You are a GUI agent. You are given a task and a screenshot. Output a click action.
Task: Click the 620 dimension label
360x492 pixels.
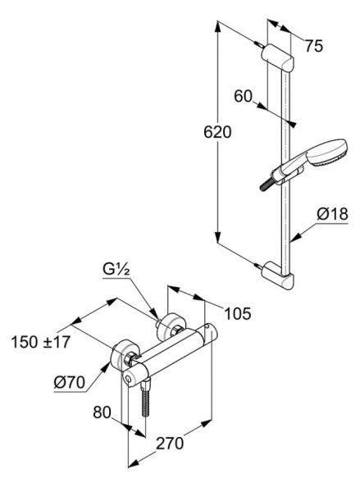[217, 132]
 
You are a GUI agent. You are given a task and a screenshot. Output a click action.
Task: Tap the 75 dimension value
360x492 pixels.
[314, 47]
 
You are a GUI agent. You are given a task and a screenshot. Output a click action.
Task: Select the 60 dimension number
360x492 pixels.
[244, 96]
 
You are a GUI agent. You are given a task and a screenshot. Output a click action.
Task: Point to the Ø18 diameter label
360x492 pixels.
[332, 214]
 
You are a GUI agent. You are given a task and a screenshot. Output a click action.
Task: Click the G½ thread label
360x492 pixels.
[116, 269]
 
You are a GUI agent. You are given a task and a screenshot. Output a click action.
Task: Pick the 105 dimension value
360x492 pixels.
[238, 313]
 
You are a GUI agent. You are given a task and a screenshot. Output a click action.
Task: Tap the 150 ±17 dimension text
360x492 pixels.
[40, 342]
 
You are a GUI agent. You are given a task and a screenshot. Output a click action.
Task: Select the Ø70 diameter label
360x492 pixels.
[70, 382]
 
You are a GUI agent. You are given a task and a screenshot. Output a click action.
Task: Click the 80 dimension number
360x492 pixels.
[102, 412]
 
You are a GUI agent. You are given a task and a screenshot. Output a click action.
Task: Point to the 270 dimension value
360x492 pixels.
[170, 444]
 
